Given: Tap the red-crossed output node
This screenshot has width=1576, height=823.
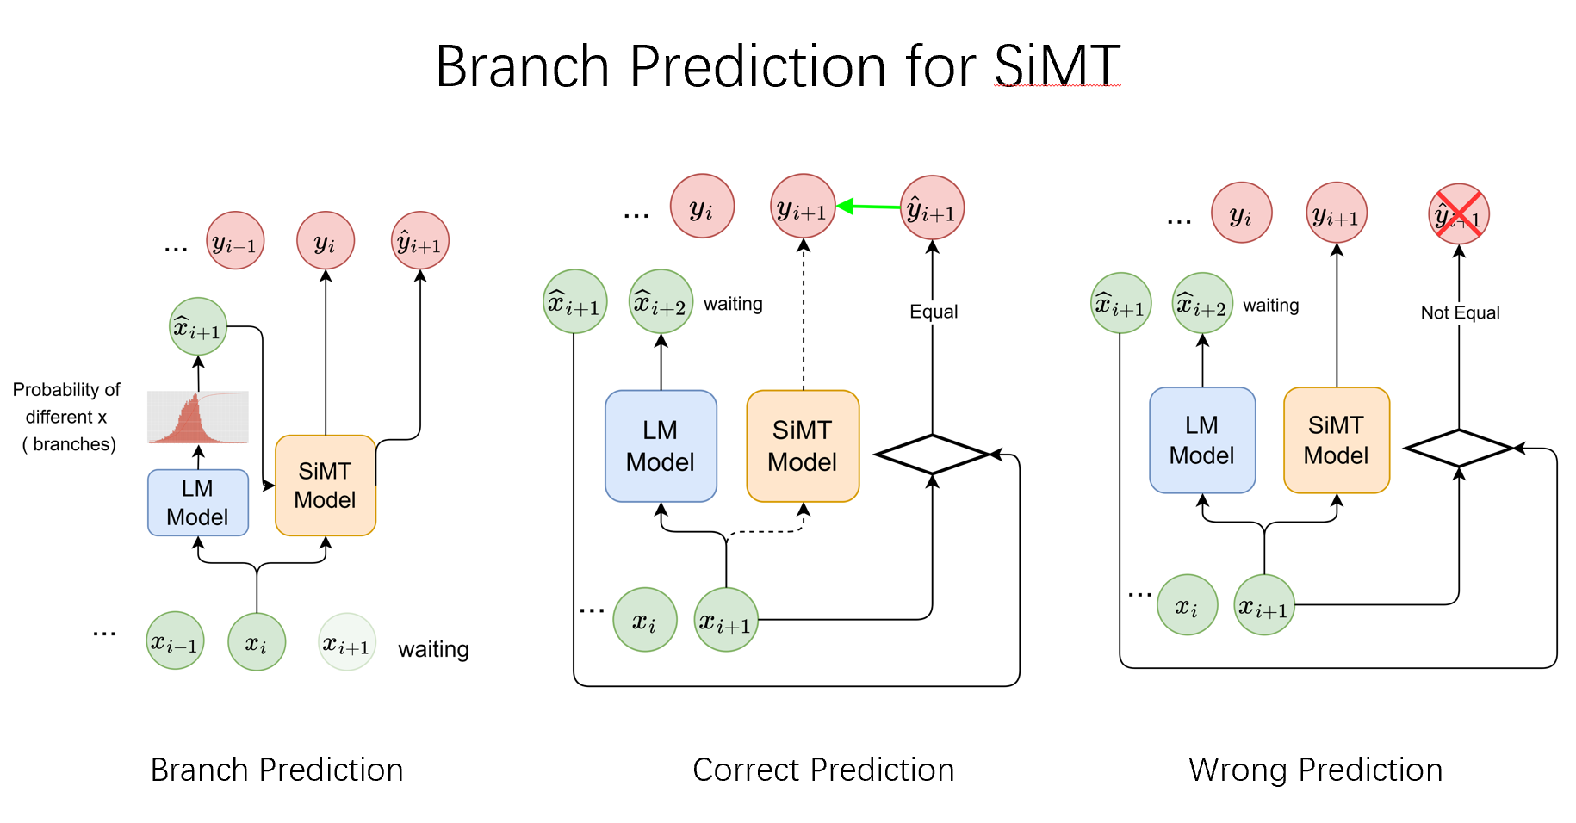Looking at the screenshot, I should coord(1459,214).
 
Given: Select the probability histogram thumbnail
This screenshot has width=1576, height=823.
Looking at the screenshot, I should coord(198,418).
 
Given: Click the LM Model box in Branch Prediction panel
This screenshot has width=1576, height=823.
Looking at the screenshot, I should coord(198,503).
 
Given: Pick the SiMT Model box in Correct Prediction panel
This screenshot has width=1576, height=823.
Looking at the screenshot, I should coord(803,446).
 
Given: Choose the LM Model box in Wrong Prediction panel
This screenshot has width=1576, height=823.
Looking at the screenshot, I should coord(1202,440).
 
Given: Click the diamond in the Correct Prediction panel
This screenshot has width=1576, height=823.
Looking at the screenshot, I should coord(932,454).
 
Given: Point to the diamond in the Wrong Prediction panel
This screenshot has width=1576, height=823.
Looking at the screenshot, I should coord(1459,448).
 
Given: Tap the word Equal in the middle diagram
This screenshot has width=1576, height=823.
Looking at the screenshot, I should coord(934,312).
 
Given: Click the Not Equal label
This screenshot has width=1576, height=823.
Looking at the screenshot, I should coord(1460,312).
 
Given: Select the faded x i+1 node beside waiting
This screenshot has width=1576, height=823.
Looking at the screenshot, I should coord(347,642).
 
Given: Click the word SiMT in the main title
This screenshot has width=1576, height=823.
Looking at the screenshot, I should coord(1057,66).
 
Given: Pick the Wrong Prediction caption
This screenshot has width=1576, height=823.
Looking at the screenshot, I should coord(1315,770).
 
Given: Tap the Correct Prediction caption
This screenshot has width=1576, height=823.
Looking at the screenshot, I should coord(823,770).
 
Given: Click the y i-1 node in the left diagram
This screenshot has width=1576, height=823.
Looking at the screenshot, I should coord(235,241).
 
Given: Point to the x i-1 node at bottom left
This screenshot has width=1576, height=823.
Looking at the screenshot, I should coord(175,641).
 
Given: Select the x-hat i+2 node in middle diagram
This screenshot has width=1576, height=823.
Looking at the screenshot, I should coord(661,302).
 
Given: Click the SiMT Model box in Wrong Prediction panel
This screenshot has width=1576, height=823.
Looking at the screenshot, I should coord(1337,440).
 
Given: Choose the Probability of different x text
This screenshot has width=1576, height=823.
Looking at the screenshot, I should coord(66,403).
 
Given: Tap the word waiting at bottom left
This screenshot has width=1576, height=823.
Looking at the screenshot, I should coord(433,649).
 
